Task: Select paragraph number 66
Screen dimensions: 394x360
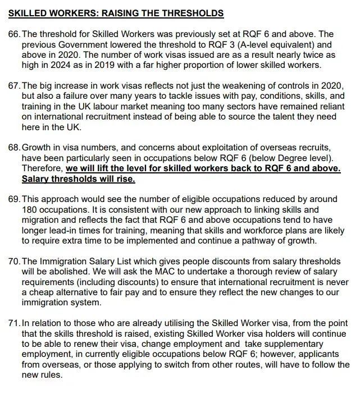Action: coord(13,34)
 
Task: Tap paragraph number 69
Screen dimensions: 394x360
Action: coord(13,199)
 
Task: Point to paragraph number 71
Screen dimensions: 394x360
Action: coord(13,324)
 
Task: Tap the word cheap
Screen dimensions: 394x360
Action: coord(41,292)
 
